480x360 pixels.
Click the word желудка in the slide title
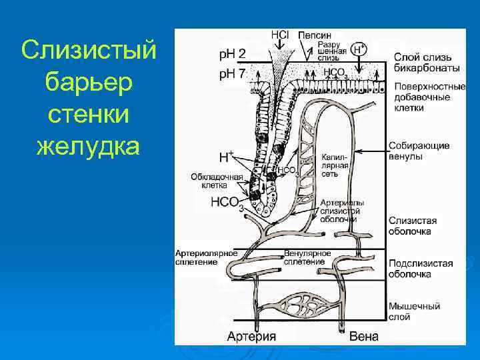[x=89, y=143]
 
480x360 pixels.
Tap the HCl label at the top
[x=279, y=35]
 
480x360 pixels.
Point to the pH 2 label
[x=232, y=54]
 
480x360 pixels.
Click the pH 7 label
[x=232, y=73]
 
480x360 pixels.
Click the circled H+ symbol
[x=359, y=49]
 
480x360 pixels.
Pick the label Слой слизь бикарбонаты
[x=426, y=63]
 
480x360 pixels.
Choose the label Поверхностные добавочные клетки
[x=430, y=97]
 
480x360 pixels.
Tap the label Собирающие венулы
[x=419, y=151]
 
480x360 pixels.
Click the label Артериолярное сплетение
[x=207, y=258]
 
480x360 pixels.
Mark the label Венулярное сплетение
[x=307, y=258]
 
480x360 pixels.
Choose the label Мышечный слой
[x=414, y=311]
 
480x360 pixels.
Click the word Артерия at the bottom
[x=251, y=336]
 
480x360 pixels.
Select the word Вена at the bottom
[x=363, y=336]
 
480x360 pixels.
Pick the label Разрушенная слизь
[x=332, y=51]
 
